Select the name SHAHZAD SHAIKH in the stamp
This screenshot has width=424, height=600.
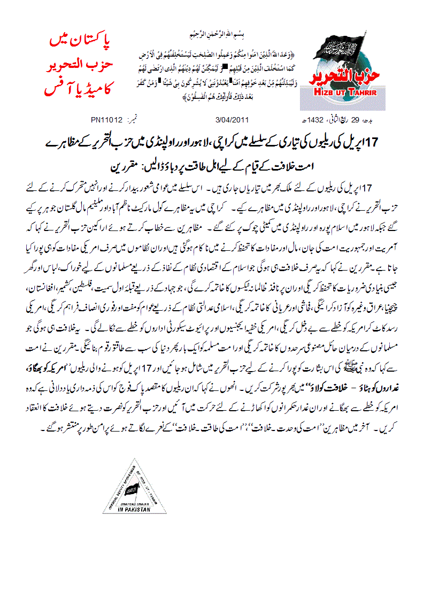134,502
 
